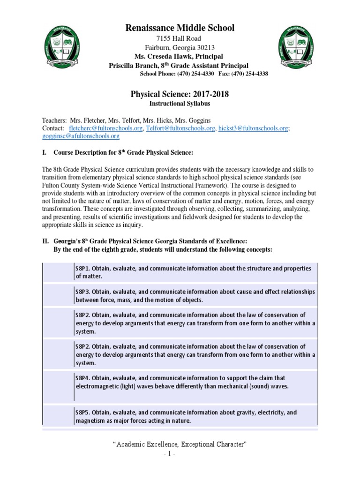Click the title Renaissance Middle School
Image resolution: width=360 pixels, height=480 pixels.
(x=180, y=28)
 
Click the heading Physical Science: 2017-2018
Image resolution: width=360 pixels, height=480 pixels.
(x=180, y=95)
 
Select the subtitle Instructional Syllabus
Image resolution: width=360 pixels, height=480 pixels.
(x=180, y=104)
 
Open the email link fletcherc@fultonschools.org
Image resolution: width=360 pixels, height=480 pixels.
(x=105, y=128)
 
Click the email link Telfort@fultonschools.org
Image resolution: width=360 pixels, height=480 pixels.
(x=180, y=128)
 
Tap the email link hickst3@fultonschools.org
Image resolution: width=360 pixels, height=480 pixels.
(x=253, y=128)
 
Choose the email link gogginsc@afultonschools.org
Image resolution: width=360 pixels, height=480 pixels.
(x=81, y=136)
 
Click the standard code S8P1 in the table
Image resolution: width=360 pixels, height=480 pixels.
(x=82, y=269)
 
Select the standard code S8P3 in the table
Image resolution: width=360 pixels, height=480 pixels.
(x=82, y=292)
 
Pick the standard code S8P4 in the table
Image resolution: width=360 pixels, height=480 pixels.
(x=82, y=378)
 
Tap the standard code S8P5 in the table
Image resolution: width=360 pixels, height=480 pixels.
(x=82, y=412)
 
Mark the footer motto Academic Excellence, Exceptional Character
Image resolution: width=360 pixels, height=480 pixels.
(x=180, y=443)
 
